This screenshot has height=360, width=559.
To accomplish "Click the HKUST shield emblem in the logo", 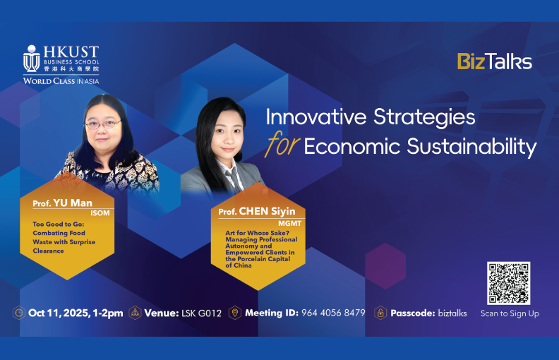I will pyautogui.click(x=31, y=59).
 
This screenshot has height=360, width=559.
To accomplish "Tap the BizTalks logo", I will pyautogui.click(x=494, y=61).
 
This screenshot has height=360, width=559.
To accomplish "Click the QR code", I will pyautogui.click(x=508, y=283).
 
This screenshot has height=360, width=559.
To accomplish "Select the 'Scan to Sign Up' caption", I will pyautogui.click(x=509, y=313).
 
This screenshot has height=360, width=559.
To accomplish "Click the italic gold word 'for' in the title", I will pyautogui.click(x=282, y=146).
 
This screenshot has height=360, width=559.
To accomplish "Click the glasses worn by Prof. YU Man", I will pyautogui.click(x=103, y=124).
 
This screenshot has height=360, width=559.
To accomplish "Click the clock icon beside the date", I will pyautogui.click(x=19, y=313).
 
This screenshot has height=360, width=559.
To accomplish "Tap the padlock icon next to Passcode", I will pyautogui.click(x=380, y=313).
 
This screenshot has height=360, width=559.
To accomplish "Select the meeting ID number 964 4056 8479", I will pyautogui.click(x=333, y=313).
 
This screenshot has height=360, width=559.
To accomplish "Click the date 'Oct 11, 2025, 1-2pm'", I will pyautogui.click(x=76, y=313).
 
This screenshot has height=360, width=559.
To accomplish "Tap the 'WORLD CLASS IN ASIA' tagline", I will pyautogui.click(x=61, y=81).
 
